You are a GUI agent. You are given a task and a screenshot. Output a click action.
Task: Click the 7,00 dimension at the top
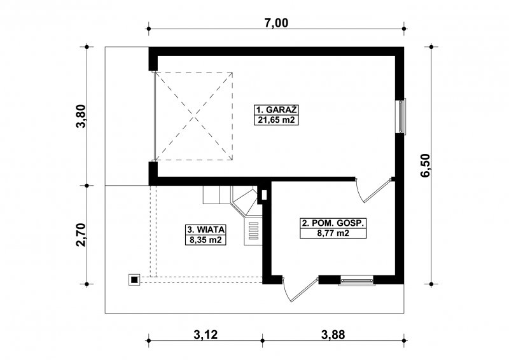[276, 23]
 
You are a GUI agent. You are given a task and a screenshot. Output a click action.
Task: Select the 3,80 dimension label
[81, 116]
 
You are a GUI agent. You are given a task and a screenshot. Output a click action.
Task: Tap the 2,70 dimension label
[81, 235]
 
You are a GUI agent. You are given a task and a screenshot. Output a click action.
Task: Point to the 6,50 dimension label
[425, 165]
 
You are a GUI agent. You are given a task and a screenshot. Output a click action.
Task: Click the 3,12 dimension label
[206, 335]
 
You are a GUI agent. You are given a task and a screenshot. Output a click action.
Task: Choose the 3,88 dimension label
[333, 335]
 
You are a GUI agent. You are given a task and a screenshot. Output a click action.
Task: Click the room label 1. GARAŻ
[276, 110]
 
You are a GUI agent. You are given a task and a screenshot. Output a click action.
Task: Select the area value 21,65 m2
[276, 120]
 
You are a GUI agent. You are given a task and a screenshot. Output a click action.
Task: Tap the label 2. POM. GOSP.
[333, 223]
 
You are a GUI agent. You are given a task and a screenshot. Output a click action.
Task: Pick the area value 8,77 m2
[333, 233]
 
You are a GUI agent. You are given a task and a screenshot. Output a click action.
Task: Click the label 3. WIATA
[206, 230]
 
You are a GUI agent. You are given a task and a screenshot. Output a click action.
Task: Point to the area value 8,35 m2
[206, 240]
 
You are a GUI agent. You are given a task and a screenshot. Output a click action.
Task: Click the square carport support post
[134, 279]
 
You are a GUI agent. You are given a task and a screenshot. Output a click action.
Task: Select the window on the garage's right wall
[401, 116]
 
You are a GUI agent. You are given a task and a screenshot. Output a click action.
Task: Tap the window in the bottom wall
[356, 280]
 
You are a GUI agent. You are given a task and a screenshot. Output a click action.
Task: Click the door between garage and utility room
[373, 190]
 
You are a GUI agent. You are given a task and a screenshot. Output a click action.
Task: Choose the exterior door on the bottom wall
[300, 289]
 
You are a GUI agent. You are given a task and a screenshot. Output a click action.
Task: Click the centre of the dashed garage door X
[194, 116]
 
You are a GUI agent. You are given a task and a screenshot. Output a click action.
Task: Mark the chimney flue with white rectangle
[264, 195]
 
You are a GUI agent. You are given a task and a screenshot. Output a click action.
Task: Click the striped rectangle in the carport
[253, 230]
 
